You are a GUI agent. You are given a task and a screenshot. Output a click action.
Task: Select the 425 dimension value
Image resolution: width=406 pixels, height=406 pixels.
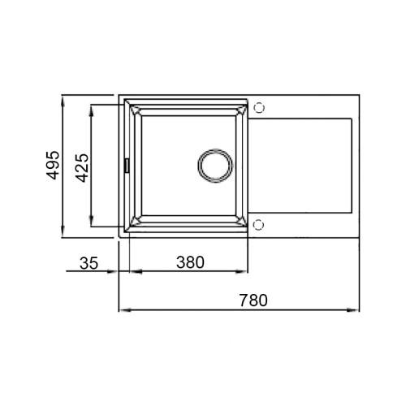(81, 166)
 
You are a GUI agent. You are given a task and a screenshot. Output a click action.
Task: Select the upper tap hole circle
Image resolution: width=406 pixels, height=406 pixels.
(258, 106)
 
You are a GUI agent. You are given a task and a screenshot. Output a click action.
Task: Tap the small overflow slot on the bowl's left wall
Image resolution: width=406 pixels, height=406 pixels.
(126, 165)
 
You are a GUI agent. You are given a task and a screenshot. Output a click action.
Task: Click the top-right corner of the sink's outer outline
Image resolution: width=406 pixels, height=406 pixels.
(359, 97)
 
